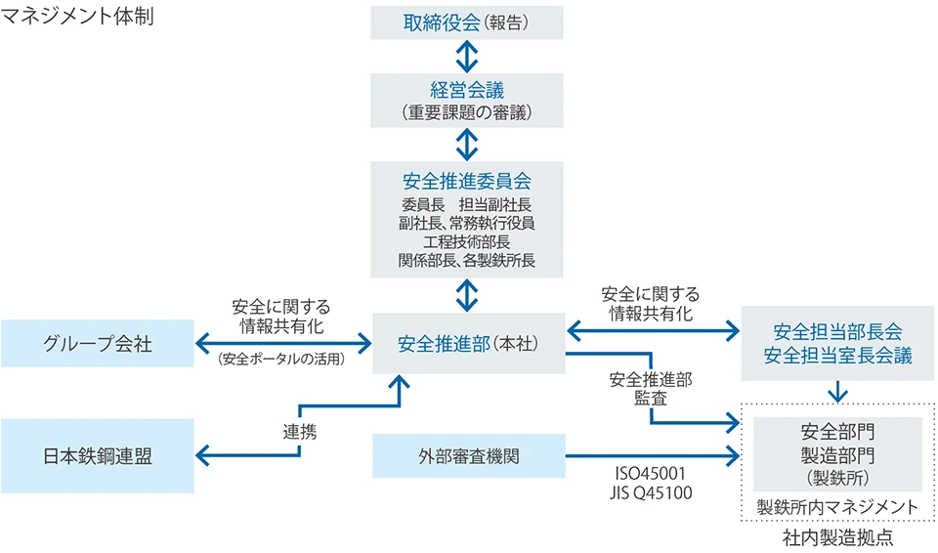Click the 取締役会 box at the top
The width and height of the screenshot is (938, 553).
(467, 21)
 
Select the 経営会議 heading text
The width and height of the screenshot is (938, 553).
(467, 90)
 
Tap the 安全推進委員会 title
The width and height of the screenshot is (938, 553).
(467, 182)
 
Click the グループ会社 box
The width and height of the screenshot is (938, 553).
(98, 344)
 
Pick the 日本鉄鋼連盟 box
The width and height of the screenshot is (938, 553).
(98, 455)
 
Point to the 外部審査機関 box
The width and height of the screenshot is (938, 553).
(468, 455)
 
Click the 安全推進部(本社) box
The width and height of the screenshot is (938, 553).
(468, 344)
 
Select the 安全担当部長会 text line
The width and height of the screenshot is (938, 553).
(836, 332)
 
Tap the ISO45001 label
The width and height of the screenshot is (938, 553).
(650, 476)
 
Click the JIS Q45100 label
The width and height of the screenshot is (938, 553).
(650, 493)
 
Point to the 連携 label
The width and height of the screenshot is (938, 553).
(300, 431)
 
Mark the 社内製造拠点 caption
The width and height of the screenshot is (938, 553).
(837, 537)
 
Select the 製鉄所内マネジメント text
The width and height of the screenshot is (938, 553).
(837, 507)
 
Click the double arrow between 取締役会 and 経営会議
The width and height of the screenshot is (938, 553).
(467, 56)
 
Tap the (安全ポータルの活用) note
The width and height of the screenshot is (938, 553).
(282, 359)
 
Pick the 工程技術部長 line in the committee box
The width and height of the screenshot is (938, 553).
(467, 241)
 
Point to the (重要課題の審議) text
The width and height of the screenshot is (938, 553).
(467, 112)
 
